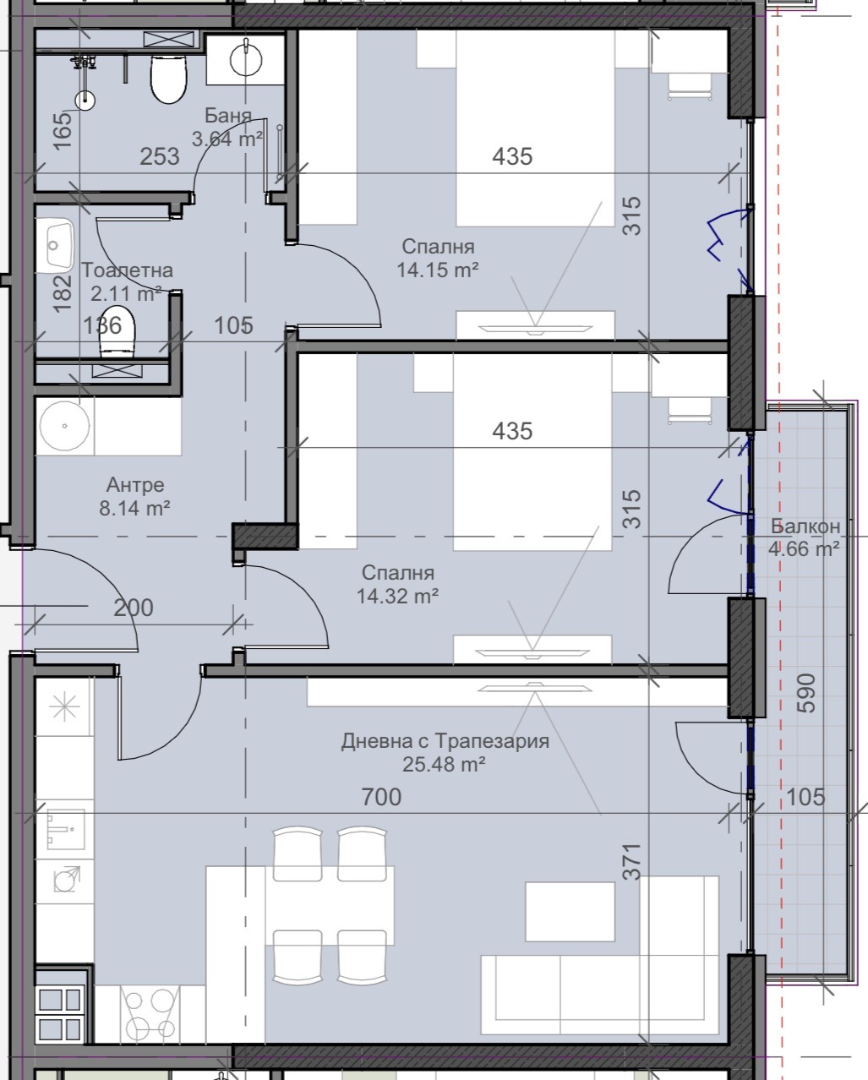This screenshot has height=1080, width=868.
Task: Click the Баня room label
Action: pos(228,116)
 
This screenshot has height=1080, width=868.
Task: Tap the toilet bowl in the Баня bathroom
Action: pos(169,79)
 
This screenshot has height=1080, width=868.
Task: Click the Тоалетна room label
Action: pos(127,270)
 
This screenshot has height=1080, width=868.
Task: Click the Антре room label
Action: pos(135,485)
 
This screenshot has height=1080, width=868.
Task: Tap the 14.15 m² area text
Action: pos(438,270)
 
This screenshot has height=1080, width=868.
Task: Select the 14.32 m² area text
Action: pos(397,597)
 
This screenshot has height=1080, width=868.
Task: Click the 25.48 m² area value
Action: pos(444,764)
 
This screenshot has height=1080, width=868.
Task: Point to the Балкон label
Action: pos(805,526)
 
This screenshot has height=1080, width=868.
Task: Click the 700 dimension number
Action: pos(381,797)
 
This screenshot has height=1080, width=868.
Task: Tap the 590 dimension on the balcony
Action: pos(806,693)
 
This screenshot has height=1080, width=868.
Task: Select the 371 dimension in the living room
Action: pos(632,862)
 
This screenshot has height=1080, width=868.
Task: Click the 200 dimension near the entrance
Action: pos(133,608)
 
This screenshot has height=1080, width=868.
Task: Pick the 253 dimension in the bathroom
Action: pos(160,156)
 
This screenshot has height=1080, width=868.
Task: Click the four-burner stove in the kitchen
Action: pos(150,1012)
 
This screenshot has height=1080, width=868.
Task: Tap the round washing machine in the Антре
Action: pos(64,426)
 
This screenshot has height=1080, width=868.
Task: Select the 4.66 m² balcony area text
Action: pos(804,548)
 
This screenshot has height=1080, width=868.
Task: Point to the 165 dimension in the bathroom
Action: pos(63,131)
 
